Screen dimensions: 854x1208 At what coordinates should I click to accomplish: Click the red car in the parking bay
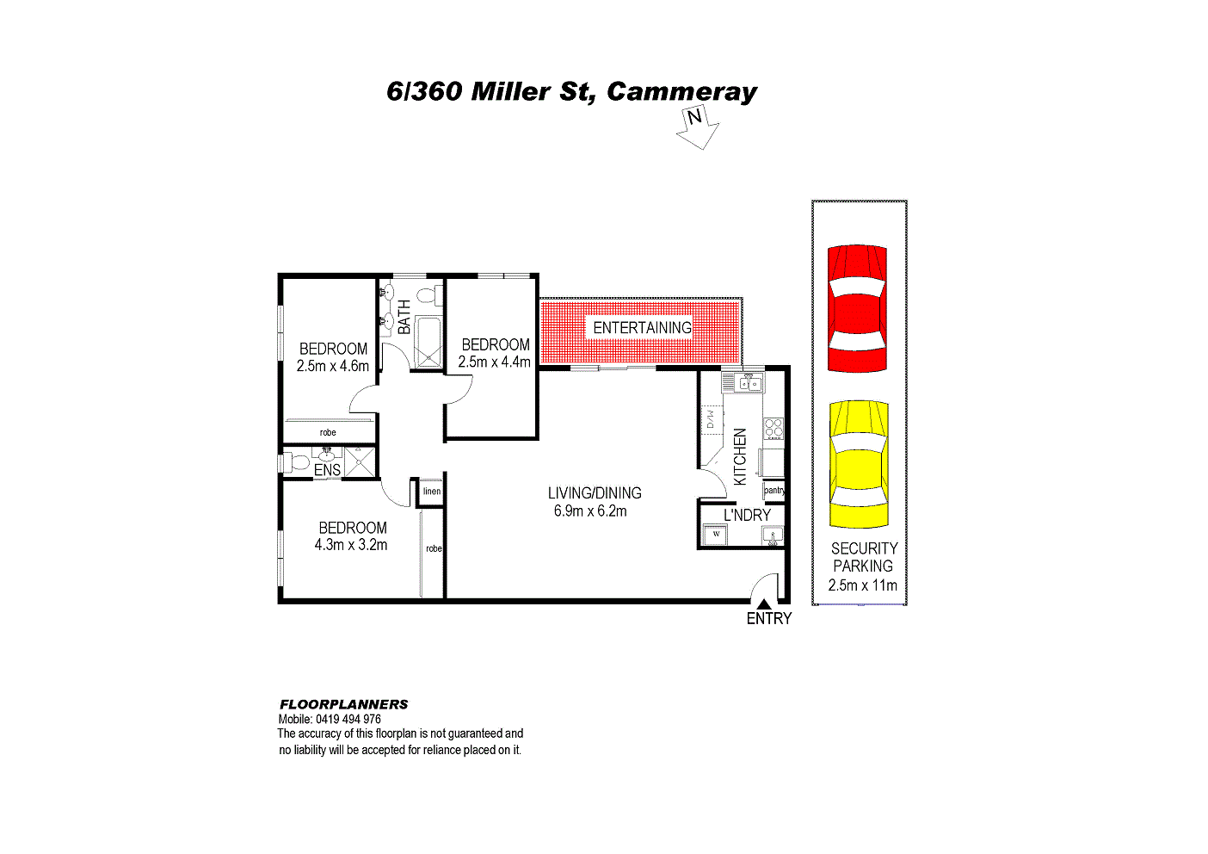[x=857, y=308]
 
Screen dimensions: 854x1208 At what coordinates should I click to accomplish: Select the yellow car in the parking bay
[x=858, y=464]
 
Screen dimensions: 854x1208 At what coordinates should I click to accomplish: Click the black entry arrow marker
[x=763, y=603]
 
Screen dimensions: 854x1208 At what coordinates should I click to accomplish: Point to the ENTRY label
[x=768, y=619]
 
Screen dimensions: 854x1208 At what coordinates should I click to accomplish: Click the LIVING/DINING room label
[x=595, y=493]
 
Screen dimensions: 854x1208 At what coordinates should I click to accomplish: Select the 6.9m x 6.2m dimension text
[x=590, y=511]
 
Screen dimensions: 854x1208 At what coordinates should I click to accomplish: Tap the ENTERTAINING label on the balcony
[x=642, y=328]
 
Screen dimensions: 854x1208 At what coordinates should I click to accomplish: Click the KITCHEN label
[x=740, y=456]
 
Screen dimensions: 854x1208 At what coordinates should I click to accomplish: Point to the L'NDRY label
[x=747, y=515]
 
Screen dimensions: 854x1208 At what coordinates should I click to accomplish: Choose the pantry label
[x=774, y=491]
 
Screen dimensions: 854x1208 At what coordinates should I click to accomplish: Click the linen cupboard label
[x=432, y=492]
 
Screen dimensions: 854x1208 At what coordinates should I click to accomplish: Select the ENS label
[x=327, y=471]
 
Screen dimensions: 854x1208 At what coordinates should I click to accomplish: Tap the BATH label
[x=404, y=317]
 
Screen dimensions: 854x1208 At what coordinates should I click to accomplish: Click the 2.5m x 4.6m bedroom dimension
[x=332, y=366]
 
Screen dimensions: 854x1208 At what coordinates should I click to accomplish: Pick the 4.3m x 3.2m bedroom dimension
[x=351, y=545]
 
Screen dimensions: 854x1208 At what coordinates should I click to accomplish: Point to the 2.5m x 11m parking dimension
[x=862, y=585]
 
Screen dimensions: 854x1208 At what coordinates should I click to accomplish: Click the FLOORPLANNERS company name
[x=343, y=704]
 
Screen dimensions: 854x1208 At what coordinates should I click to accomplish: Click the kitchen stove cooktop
[x=773, y=428]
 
